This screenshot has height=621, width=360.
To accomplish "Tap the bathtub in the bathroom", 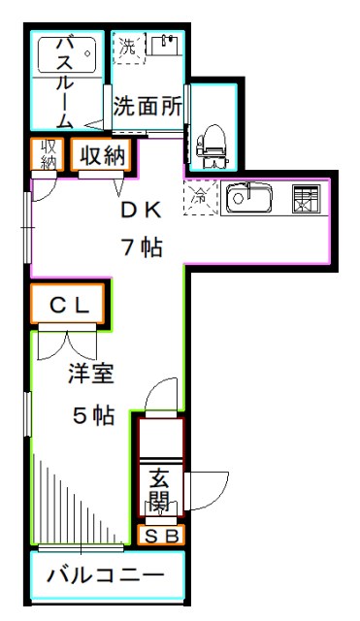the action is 67,54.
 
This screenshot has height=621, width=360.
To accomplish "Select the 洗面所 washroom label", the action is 147,107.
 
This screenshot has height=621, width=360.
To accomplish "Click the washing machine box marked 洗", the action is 128,46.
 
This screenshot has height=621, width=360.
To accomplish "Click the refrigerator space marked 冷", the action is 200,196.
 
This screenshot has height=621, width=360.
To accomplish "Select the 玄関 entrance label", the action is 160,491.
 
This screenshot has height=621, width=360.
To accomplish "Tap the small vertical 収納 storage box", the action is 49,155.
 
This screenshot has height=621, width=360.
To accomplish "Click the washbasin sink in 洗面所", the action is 166,46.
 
